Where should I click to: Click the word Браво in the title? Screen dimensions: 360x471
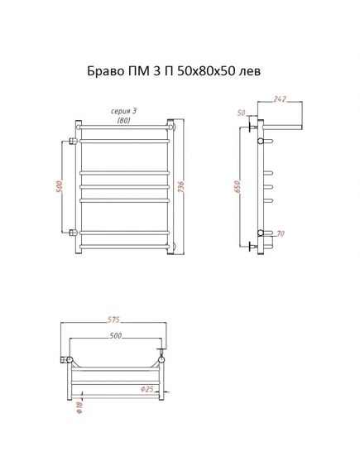104,71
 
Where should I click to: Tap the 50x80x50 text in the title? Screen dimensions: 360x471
206,71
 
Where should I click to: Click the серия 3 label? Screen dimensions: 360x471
123,111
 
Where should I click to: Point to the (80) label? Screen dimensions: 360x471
123,120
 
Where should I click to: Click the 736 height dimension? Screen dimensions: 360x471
180,187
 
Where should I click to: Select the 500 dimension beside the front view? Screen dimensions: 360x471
60,187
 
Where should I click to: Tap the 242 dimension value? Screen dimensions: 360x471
280,99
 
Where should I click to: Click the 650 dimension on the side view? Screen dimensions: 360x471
238,187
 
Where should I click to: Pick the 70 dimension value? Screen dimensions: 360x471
280,233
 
